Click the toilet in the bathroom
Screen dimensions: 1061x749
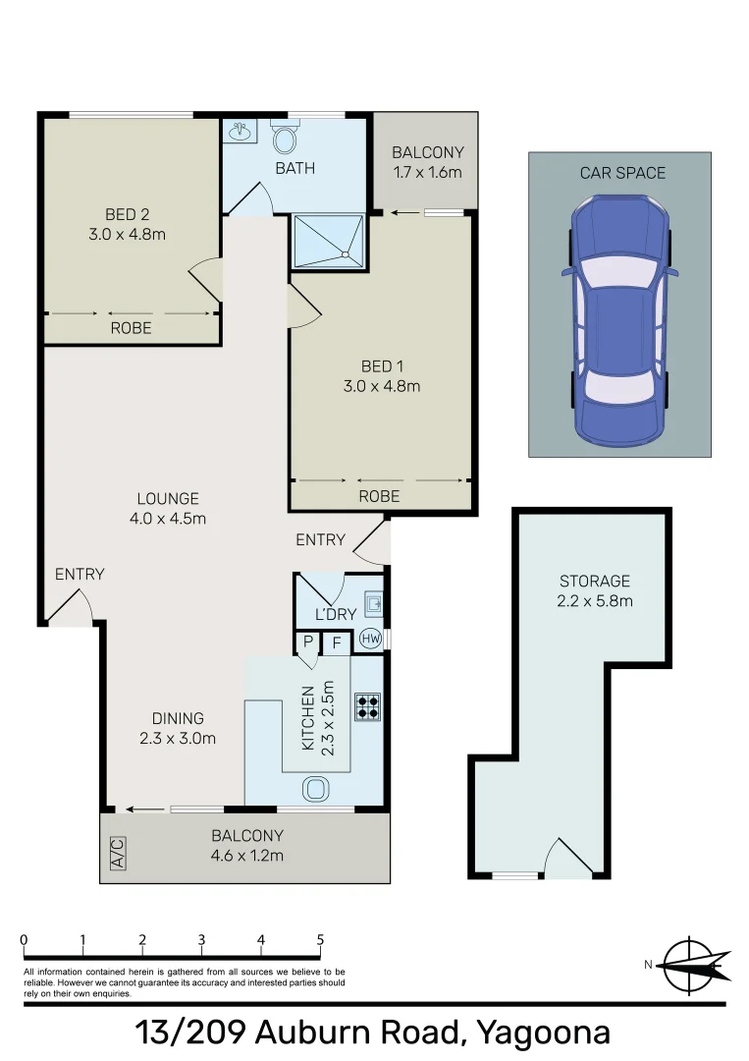pos(286,138)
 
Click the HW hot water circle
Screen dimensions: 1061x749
pos(371,639)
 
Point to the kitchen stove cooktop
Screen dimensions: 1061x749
pos(368,706)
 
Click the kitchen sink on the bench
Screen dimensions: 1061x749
pos(317,789)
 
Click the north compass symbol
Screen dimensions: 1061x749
pos(694,965)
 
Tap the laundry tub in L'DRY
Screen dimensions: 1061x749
pos(371,601)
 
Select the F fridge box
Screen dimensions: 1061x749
pos(336,644)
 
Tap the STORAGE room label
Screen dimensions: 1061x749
pos(595,581)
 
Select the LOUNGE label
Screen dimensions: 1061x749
pos(168,498)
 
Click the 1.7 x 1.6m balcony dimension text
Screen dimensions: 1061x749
pos(427,172)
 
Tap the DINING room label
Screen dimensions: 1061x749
pos(178,718)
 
